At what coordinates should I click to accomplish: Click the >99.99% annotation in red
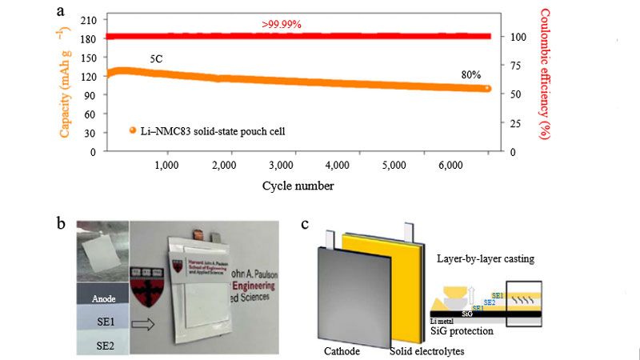coord(282,24)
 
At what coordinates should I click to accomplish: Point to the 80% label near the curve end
coord(470,74)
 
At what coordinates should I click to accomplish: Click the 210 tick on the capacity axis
coord(89,18)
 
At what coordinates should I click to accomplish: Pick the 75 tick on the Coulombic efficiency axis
coord(520,66)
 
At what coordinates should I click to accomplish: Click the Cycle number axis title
coord(298,186)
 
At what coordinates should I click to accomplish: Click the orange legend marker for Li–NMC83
coord(131,130)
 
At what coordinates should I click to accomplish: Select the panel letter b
coord(61,223)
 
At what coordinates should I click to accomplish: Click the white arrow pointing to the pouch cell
coord(146,323)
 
